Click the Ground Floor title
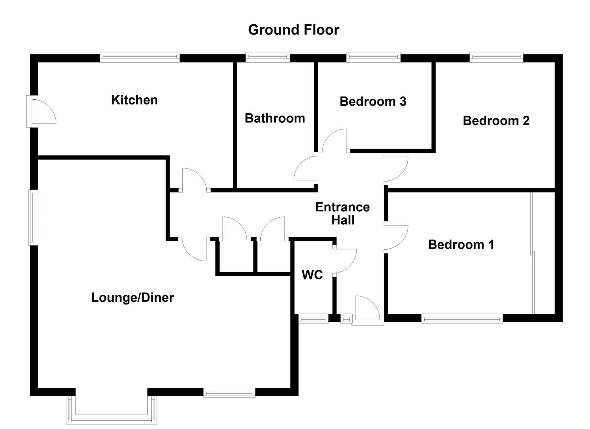coord(293,30)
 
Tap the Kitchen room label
coord(134,100)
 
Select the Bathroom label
coord(275,118)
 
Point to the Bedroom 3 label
coord(373,101)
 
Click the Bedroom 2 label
coord(496,120)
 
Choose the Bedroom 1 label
coord(461,244)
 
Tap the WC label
coord(312,275)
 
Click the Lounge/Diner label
coord(132,298)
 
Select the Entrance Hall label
coord(342,213)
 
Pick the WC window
coord(313,318)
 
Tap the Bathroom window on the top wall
coord(267,58)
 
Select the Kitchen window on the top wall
coord(139,58)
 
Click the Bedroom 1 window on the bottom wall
coord(462,318)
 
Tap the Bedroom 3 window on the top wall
coord(373,58)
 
